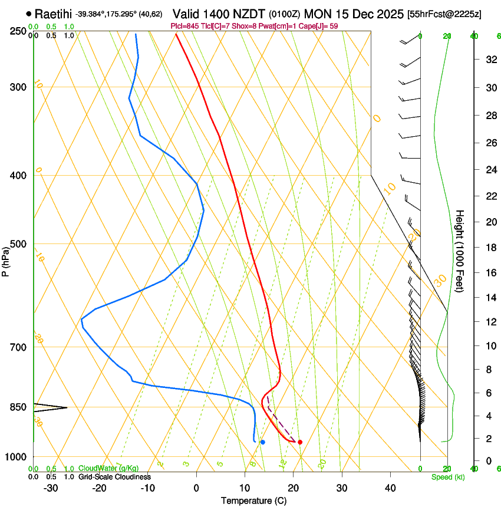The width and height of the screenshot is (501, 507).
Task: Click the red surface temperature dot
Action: click(x=300, y=442)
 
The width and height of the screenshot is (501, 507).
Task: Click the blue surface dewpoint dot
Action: click(x=262, y=442)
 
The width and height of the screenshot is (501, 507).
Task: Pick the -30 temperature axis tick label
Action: click(x=51, y=488)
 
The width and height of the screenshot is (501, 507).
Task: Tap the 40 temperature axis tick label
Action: click(x=390, y=488)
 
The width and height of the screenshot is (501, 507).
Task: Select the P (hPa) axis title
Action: click(x=6, y=260)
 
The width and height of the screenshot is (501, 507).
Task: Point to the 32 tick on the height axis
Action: click(x=490, y=59)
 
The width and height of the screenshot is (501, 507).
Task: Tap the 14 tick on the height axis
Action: click(x=490, y=298)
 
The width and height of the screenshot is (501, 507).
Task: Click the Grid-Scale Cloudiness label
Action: click(x=114, y=477)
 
